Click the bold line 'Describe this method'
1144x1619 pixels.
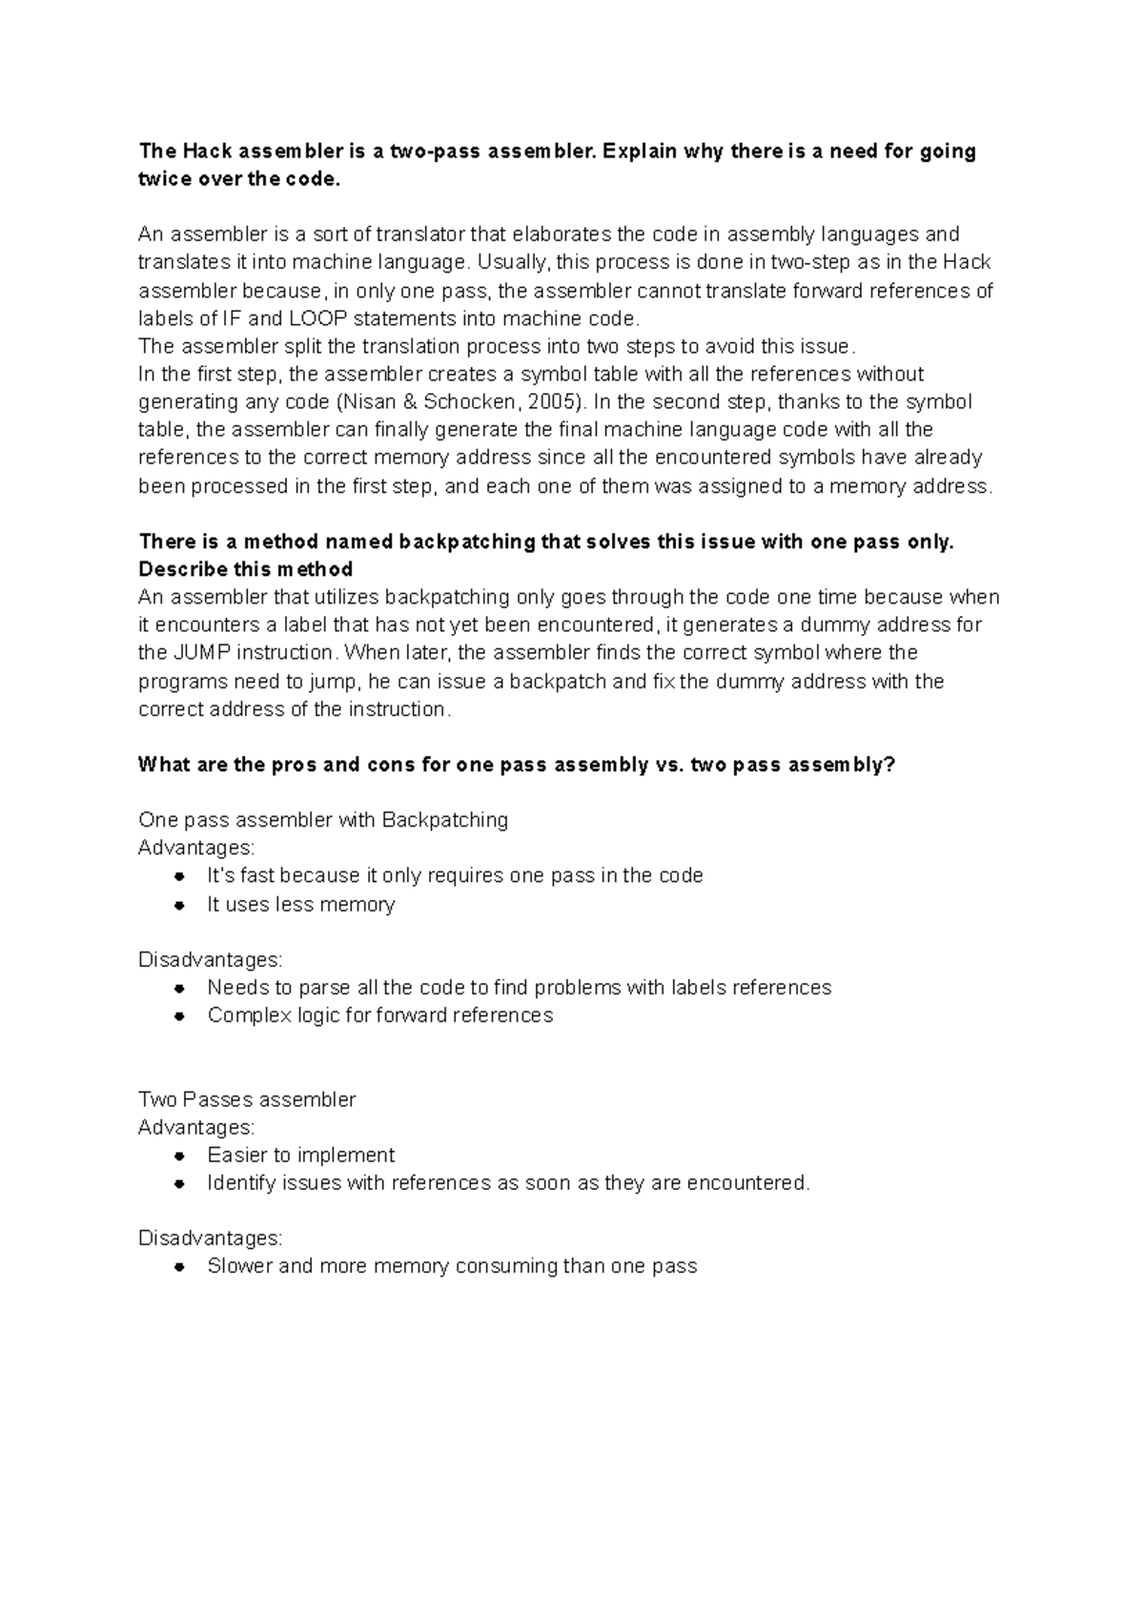pyautogui.click(x=245, y=569)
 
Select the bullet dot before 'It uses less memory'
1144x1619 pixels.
pyautogui.click(x=179, y=905)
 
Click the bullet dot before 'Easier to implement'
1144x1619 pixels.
pyautogui.click(x=179, y=1156)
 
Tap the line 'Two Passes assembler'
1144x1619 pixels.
pyautogui.click(x=246, y=1099)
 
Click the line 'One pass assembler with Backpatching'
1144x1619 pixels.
pyautogui.click(x=322, y=820)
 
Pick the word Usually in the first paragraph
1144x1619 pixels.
pyautogui.click(x=514, y=262)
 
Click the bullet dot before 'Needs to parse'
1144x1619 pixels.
pyautogui.click(x=179, y=988)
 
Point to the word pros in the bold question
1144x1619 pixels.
pyautogui.click(x=295, y=765)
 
